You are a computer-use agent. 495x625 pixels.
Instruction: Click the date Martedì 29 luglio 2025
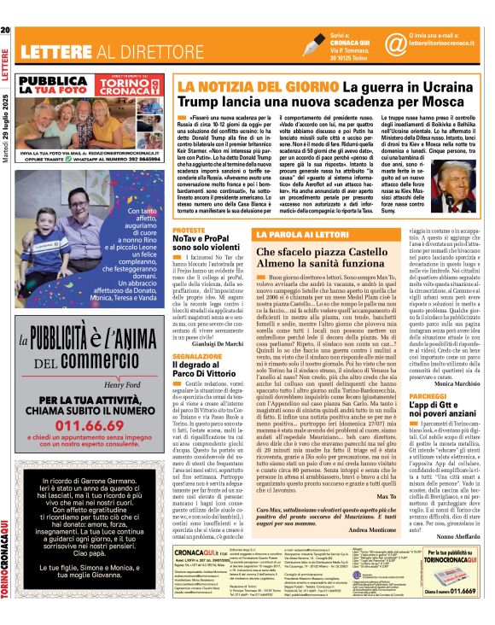(6, 102)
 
